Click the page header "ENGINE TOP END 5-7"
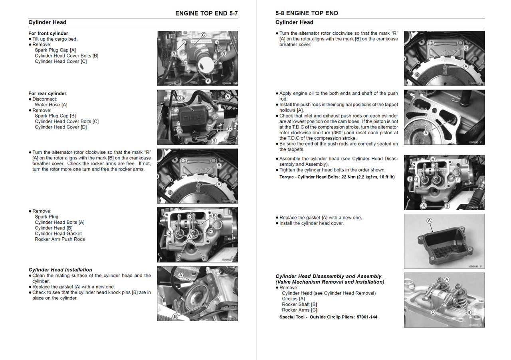point(206,13)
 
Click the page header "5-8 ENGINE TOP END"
point(307,13)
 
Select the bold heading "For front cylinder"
point(48,34)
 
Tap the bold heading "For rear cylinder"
point(48,93)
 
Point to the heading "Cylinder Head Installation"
point(60,270)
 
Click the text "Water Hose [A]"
point(51,105)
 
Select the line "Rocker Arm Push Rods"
point(60,239)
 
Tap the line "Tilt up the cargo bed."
point(55,39)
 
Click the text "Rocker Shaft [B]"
point(299,304)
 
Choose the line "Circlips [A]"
point(293,299)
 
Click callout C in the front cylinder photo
point(203,35)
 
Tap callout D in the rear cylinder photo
point(179,98)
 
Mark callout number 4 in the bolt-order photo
point(432,159)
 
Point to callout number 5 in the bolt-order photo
point(424,205)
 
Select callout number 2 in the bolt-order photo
point(410,179)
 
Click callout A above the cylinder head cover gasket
point(429,221)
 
